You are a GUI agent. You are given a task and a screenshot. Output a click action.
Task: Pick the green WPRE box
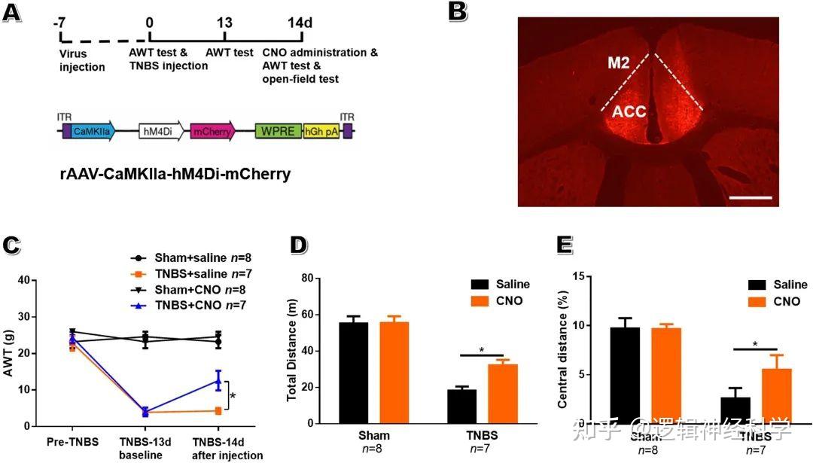278,130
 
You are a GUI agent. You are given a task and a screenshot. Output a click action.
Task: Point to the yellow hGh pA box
321,130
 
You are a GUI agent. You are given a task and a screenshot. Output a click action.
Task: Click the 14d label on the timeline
299,22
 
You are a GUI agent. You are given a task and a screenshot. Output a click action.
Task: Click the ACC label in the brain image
629,112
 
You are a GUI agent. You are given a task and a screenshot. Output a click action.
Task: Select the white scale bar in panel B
751,197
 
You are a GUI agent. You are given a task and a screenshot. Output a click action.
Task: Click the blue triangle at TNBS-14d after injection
218,381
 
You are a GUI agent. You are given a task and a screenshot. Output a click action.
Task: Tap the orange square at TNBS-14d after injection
218,410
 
